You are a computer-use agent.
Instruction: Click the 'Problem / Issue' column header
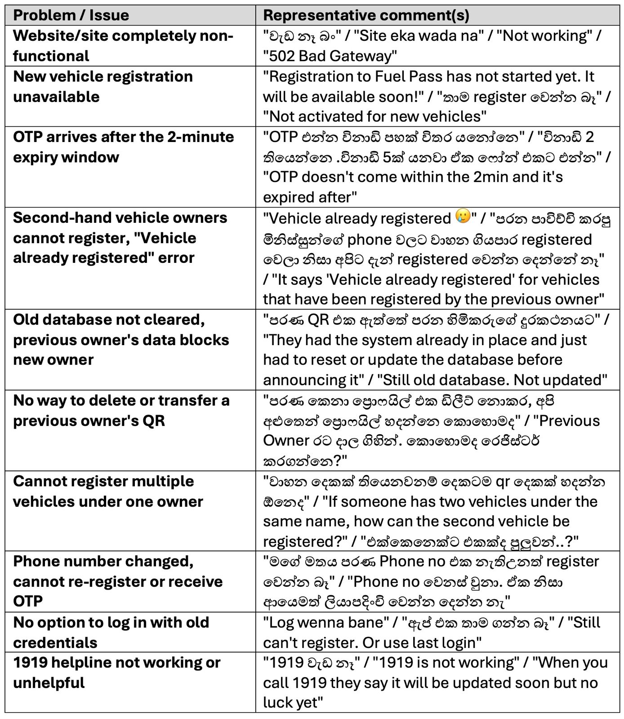tap(71, 15)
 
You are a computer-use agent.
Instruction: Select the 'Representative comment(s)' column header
tap(366, 15)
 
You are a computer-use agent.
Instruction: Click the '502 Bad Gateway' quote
tap(330, 56)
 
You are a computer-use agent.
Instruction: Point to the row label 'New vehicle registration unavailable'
tap(103, 86)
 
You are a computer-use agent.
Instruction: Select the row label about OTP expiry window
tap(123, 147)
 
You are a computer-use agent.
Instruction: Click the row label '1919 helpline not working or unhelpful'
tap(116, 672)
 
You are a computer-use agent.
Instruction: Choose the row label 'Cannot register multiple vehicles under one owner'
tap(108, 491)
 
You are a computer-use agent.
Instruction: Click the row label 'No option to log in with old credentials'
tap(111, 632)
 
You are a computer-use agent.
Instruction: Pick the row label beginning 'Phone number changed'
tap(118, 581)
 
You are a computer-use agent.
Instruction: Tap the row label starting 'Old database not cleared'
tap(120, 339)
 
